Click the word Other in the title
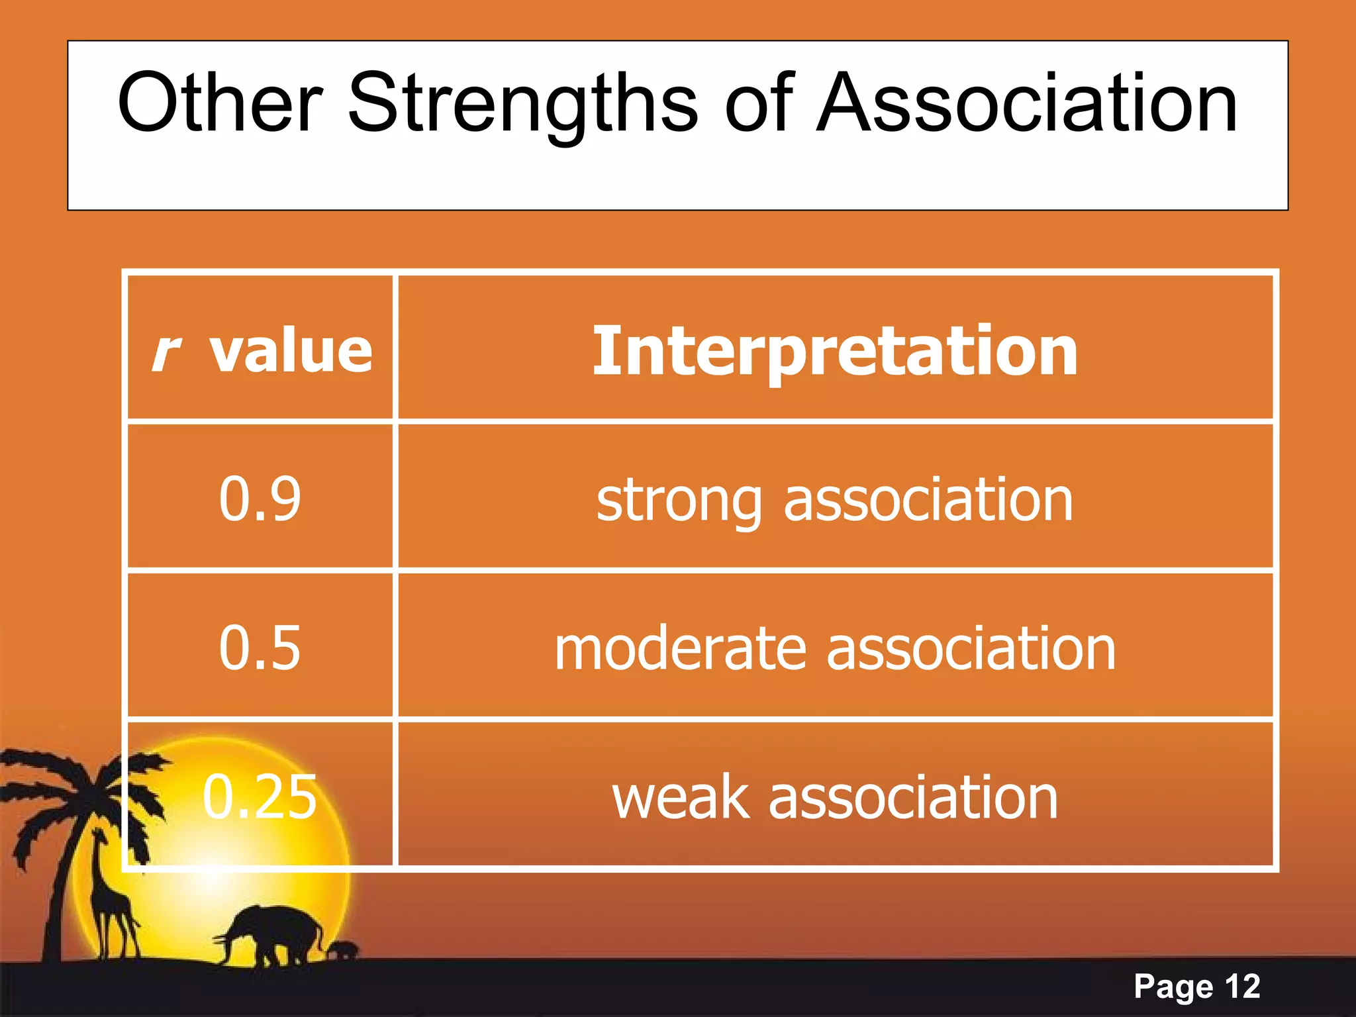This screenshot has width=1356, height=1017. (220, 104)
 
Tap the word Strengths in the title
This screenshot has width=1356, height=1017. (522, 104)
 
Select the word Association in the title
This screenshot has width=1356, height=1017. (1026, 104)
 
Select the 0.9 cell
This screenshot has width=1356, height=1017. (260, 499)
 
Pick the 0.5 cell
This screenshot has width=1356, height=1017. (260, 648)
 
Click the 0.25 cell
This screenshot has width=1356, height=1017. (260, 797)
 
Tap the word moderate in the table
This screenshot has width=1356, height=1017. (680, 649)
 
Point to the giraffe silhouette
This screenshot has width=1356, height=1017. (113, 894)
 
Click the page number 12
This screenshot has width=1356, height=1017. (1242, 987)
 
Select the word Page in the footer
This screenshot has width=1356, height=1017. (1173, 987)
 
